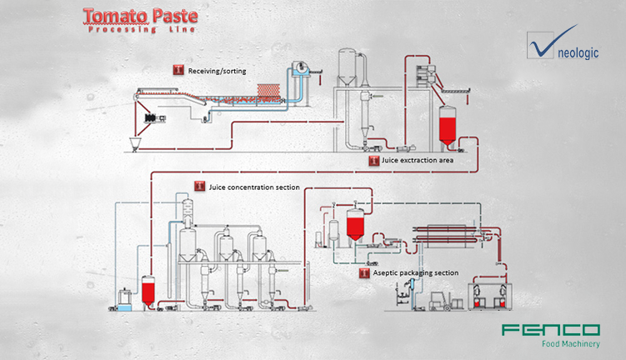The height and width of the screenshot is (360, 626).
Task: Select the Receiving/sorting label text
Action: coord(217,70)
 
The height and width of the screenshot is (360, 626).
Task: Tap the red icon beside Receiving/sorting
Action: coord(178,70)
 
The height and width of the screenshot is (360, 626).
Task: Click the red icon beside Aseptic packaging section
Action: coord(364,272)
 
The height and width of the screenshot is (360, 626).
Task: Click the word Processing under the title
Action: coord(120,29)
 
